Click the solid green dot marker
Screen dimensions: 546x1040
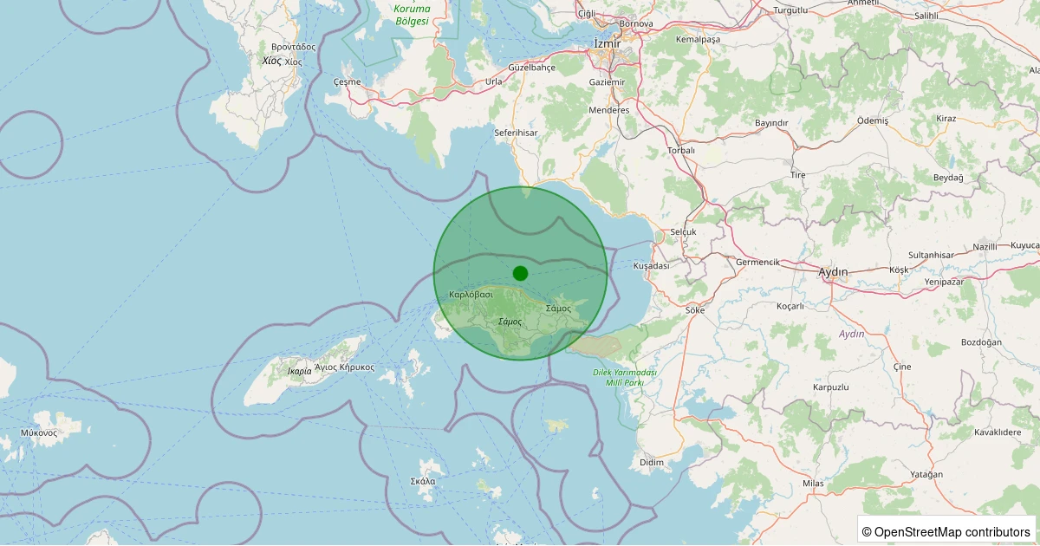[x=520, y=273]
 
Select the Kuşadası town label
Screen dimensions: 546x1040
[x=651, y=266]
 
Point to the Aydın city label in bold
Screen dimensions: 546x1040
[x=833, y=272]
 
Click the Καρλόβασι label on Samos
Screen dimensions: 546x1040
[x=471, y=295]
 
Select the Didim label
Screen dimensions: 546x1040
[x=651, y=463]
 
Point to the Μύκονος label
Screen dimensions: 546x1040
[x=38, y=432]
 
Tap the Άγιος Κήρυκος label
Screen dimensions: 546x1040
[x=345, y=367]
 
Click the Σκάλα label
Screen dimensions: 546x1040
[x=423, y=481]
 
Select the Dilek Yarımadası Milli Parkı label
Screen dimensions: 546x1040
[x=625, y=377]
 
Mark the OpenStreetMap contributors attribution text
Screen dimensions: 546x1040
[x=946, y=531]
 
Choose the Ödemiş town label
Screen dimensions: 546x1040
[x=872, y=120]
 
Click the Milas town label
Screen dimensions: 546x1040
[x=812, y=483]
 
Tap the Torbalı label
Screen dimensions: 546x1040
[x=681, y=150]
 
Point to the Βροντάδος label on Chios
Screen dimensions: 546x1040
[x=293, y=47]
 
